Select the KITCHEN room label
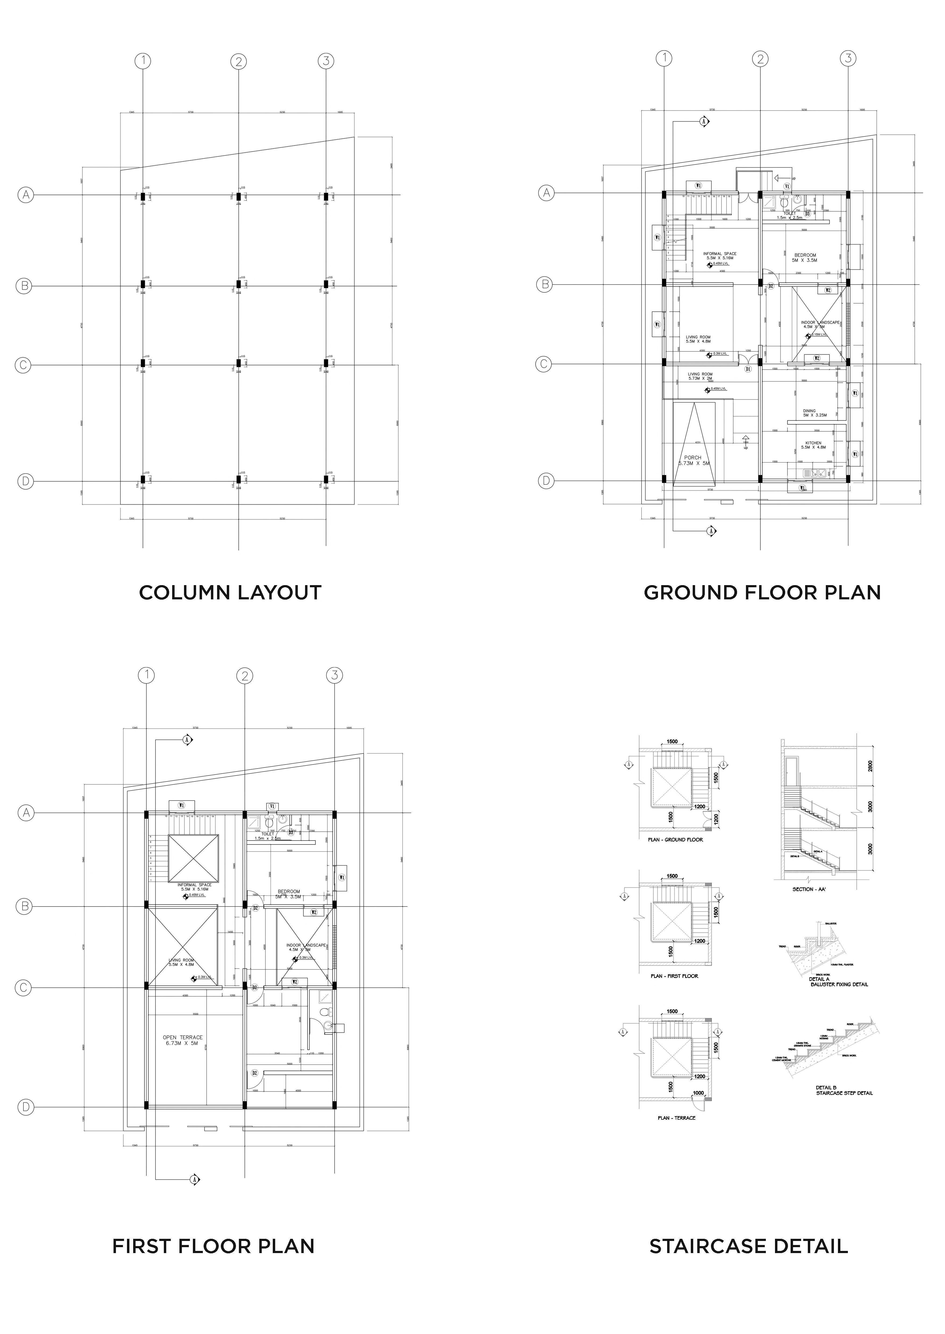pos(813,443)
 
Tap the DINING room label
pos(809,411)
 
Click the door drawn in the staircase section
pos(791,772)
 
